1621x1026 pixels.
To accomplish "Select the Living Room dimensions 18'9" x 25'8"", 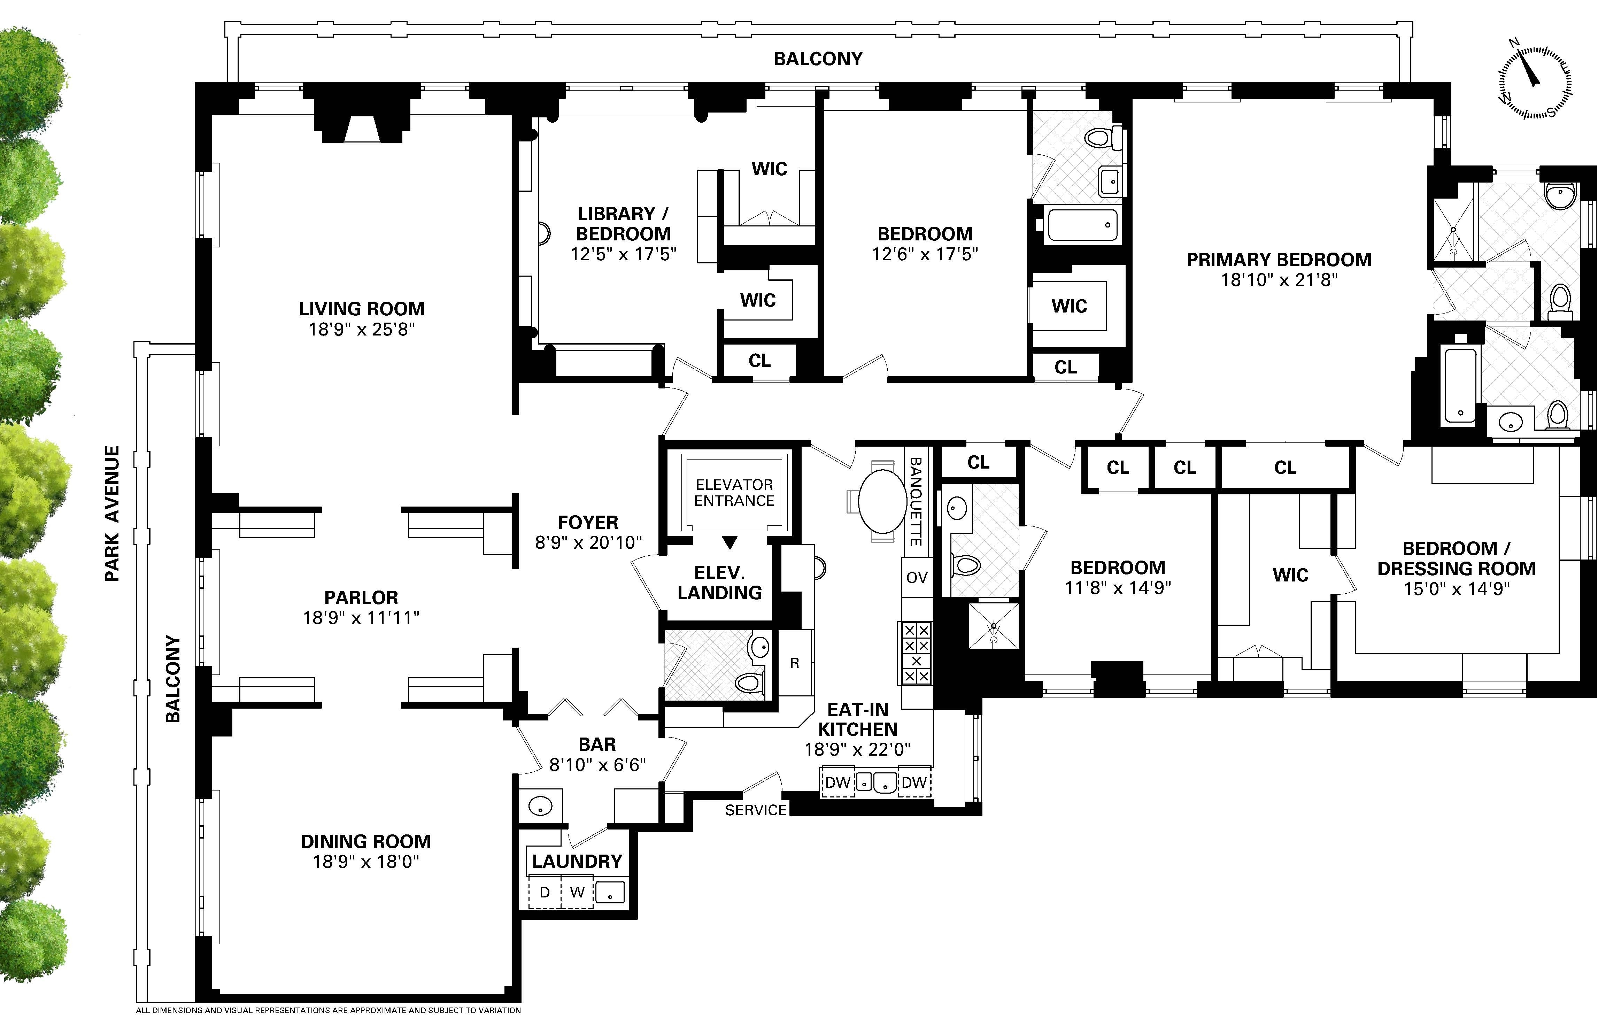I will coord(362,329).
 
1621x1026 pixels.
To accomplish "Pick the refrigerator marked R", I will coord(795,663).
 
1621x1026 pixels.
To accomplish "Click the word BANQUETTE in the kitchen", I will coord(916,502).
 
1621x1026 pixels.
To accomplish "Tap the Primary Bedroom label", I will coord(1278,260).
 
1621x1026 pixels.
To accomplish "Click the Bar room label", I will coord(597,745).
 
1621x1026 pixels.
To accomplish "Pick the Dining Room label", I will coord(365,842).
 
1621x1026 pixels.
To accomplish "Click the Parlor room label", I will coord(361,598).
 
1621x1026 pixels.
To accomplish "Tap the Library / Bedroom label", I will coord(623,224).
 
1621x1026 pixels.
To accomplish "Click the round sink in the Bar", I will coord(541,806).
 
